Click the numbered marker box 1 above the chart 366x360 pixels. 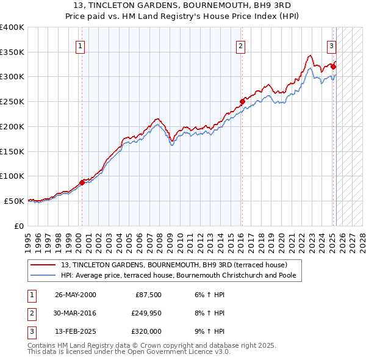click(x=81, y=45)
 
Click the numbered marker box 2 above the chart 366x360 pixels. click(x=241, y=45)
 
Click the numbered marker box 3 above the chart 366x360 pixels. click(x=331, y=45)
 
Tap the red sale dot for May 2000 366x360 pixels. click(x=82, y=182)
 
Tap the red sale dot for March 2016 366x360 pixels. click(x=242, y=101)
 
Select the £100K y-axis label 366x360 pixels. click(x=12, y=176)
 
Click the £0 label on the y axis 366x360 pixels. click(x=18, y=226)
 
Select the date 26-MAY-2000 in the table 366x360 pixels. click(x=75, y=295)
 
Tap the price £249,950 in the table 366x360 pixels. click(x=146, y=314)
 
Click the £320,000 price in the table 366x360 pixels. click(x=146, y=333)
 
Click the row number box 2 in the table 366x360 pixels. click(x=30, y=314)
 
